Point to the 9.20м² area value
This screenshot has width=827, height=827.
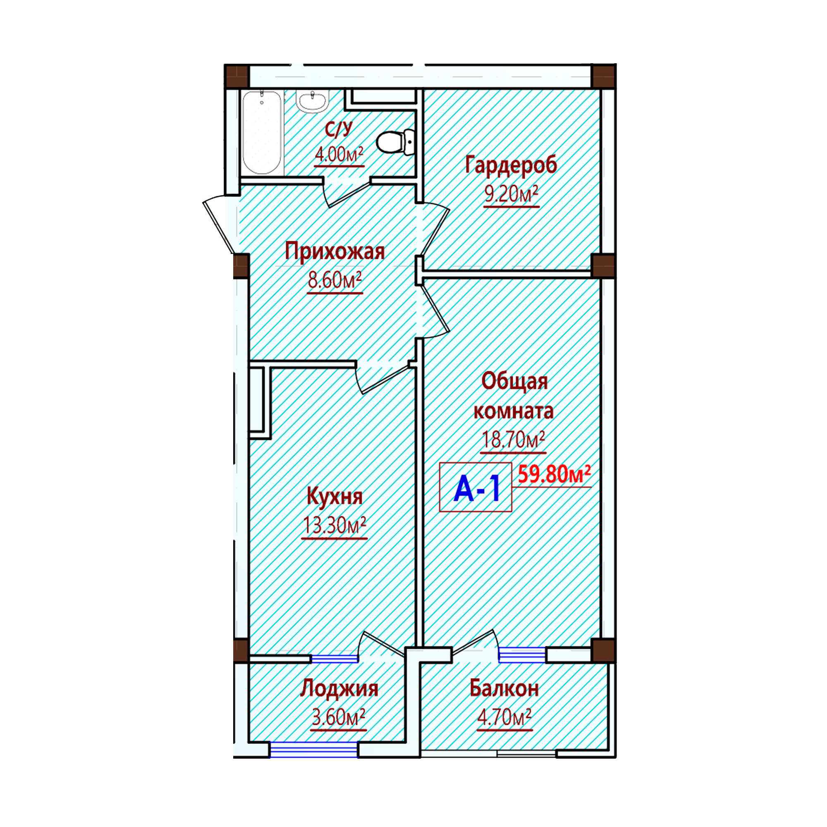coord(511,195)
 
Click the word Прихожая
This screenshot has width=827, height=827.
coord(335,252)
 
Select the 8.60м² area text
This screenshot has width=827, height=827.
coord(335,280)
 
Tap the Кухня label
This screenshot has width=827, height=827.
coord(335,497)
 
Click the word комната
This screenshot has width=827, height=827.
coord(514,411)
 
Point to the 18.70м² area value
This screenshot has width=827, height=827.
coord(514,440)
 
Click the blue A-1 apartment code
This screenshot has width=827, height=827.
coord(477,489)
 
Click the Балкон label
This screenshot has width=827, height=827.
coord(504,688)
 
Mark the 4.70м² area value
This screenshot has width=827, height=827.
coord(504,717)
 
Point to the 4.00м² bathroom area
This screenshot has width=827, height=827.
coord(339,154)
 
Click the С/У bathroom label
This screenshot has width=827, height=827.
coord(339,129)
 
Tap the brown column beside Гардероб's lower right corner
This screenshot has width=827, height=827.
coord(604,266)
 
